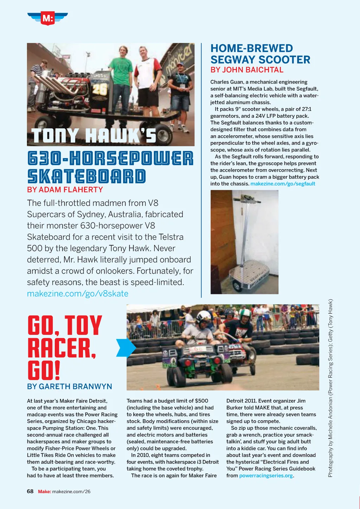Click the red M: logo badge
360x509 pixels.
(47, 18)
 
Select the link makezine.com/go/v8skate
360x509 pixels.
(78, 294)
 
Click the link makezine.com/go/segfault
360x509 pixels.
(283, 184)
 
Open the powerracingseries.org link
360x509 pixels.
(266, 476)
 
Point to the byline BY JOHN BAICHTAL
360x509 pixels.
(247, 70)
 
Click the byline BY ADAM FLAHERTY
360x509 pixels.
(65, 190)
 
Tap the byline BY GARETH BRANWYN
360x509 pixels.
(70, 386)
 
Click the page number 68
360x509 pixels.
(30, 491)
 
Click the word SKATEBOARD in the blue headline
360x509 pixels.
(86, 176)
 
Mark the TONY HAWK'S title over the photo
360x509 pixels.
(94, 136)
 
